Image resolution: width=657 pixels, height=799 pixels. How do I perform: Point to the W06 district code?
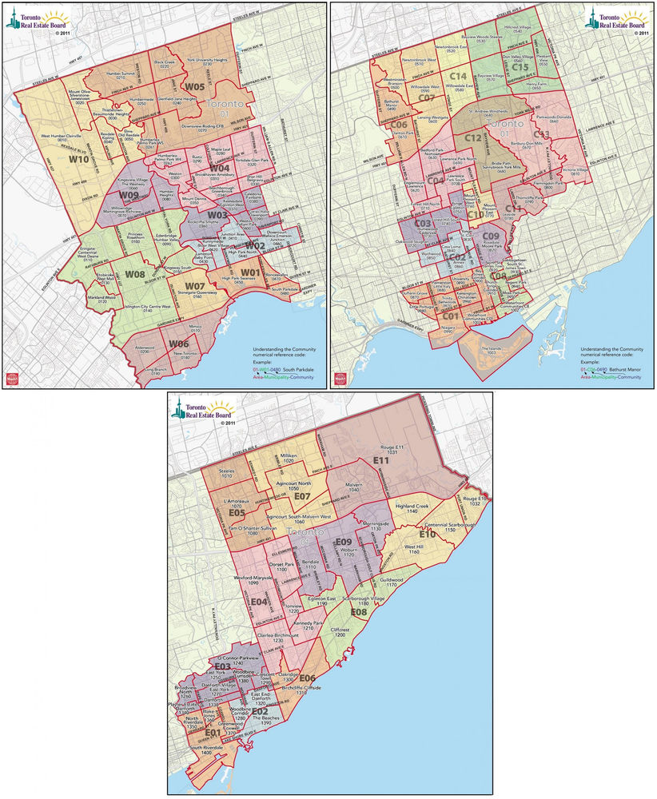(x=178, y=344)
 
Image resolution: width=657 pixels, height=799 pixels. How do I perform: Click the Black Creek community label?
(x=164, y=64)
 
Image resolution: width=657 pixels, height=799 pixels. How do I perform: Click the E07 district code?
(x=302, y=497)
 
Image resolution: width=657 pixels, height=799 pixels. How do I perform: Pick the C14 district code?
(x=458, y=76)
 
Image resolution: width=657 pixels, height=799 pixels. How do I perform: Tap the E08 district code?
(x=358, y=612)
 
